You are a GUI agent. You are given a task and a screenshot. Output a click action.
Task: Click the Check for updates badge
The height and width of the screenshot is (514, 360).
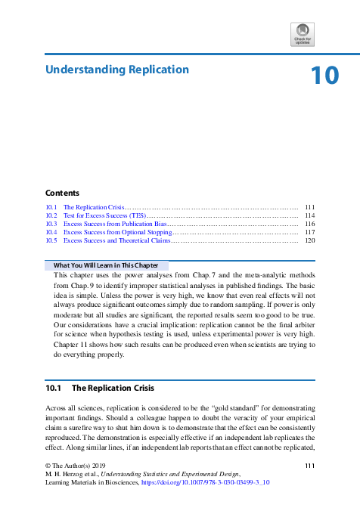(x=302, y=35)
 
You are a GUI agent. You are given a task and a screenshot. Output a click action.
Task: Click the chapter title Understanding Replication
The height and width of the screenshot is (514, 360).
(x=117, y=70)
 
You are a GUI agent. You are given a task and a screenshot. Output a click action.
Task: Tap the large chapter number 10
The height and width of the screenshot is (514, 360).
(x=324, y=76)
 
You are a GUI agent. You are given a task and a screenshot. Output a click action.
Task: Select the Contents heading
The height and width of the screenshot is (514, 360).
(x=62, y=193)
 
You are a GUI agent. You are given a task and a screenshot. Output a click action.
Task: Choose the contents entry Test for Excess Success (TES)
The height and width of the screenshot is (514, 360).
(x=104, y=215)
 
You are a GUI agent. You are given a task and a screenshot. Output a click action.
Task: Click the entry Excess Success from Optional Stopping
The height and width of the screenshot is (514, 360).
(x=117, y=232)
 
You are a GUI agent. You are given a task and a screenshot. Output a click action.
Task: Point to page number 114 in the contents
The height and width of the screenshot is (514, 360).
(x=309, y=215)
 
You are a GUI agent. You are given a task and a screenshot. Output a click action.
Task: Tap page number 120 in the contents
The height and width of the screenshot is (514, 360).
(x=309, y=240)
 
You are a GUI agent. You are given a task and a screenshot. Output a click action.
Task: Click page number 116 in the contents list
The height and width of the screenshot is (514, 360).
(x=309, y=224)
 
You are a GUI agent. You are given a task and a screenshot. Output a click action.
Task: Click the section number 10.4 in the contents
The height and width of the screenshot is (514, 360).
(x=51, y=232)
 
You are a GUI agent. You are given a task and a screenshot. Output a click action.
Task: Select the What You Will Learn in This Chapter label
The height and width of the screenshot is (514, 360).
(x=105, y=265)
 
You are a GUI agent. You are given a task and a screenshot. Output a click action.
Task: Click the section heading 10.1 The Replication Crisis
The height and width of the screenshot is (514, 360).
(x=100, y=388)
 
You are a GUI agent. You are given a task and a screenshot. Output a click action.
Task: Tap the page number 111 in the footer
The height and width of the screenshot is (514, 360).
(x=309, y=464)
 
